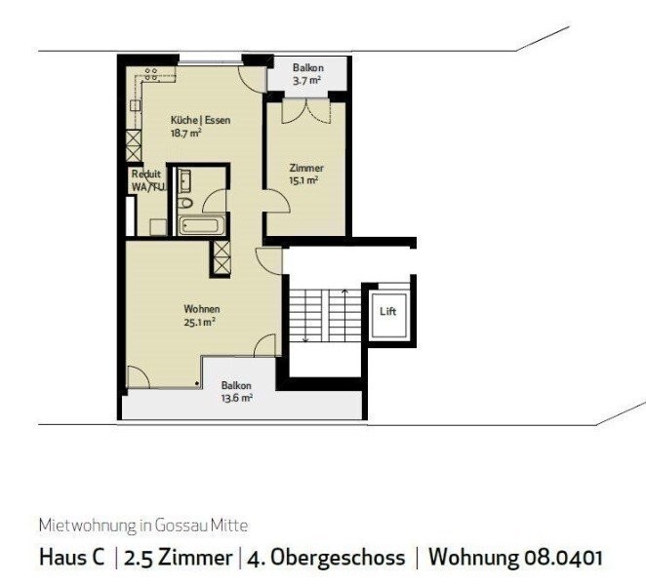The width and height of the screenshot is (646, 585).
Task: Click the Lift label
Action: [388, 312]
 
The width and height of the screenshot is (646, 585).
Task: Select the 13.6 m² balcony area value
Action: [236, 398]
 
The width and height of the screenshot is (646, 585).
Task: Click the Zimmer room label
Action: [305, 168]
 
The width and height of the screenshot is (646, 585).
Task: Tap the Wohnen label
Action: [200, 309]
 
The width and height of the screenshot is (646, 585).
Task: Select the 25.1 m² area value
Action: [200, 322]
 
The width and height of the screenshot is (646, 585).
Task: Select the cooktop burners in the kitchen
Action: [152, 76]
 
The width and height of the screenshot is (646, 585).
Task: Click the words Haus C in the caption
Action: [71, 559]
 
